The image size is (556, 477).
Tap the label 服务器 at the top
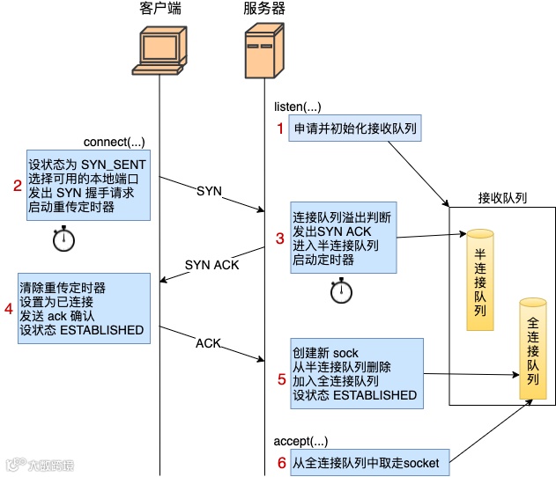tap(263, 10)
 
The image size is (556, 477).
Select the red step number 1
tap(281, 129)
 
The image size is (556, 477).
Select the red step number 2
tap(16, 185)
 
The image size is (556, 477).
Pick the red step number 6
tap(281, 461)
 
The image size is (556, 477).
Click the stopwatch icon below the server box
tap(341, 291)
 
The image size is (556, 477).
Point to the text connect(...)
tap(113, 142)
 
